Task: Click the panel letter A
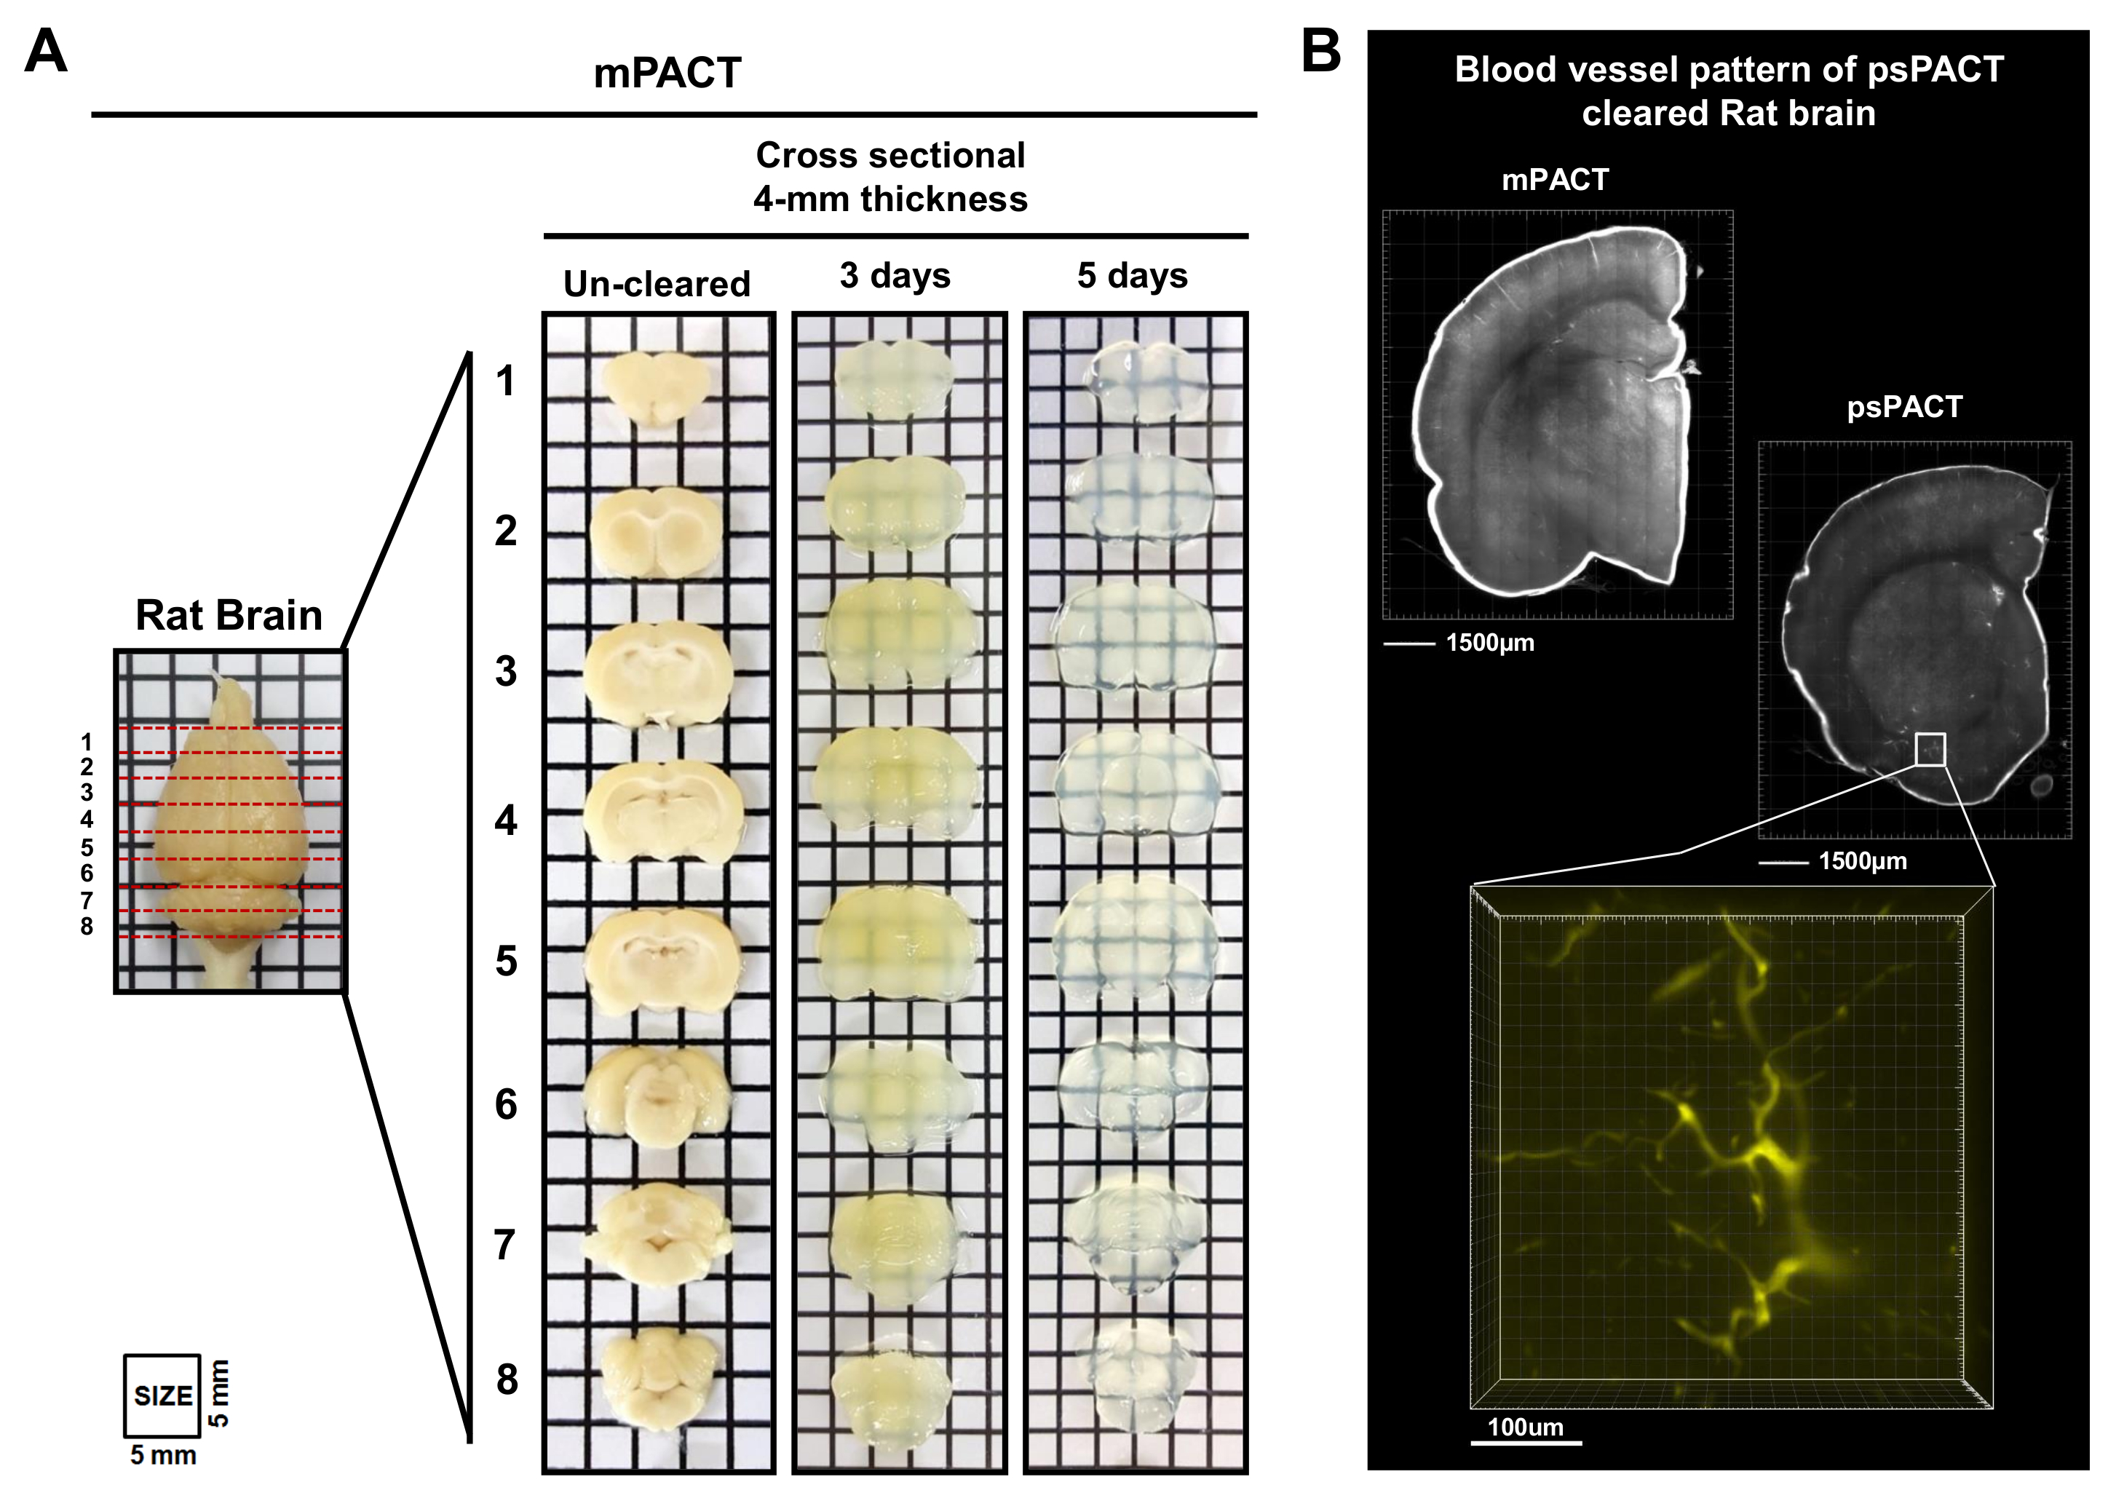[x=46, y=52]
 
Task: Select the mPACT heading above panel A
[x=667, y=74]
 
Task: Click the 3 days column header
[x=894, y=276]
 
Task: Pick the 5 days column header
[x=1132, y=276]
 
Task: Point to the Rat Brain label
[x=229, y=615]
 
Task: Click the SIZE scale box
[x=162, y=1395]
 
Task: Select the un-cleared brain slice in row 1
[x=656, y=388]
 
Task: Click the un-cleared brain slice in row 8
[x=657, y=1371]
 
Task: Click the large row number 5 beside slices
[x=506, y=962]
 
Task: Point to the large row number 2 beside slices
[x=506, y=531]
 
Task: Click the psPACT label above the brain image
[x=1904, y=408]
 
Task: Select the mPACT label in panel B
[x=1555, y=180]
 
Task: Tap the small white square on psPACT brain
[x=1930, y=748]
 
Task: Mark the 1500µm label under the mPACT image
[x=1489, y=643]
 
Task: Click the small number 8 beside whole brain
[x=87, y=927]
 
